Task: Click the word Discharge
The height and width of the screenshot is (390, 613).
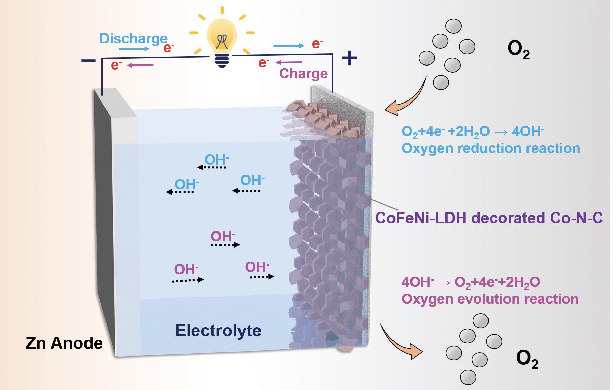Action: click(133, 39)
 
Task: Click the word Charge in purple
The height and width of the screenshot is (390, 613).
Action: click(303, 74)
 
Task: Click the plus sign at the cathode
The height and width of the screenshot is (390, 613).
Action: click(349, 58)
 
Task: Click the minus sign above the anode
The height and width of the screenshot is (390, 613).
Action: click(89, 61)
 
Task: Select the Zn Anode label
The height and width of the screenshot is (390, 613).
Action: click(64, 343)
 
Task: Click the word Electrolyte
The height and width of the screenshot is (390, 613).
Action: click(218, 331)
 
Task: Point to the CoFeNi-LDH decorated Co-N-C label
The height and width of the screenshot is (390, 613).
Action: click(489, 218)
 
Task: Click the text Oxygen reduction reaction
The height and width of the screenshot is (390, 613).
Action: click(491, 148)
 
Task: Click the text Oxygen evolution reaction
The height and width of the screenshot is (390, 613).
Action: click(490, 299)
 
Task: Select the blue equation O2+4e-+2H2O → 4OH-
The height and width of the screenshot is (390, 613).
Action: click(473, 132)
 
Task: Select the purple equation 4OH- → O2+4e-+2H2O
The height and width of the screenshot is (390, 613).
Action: click(471, 282)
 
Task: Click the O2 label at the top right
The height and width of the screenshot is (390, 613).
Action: click(518, 49)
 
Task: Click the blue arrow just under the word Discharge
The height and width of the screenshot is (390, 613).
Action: click(134, 49)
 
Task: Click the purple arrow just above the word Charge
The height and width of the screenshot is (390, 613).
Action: click(289, 62)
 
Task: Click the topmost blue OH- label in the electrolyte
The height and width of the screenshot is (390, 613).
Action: click(216, 160)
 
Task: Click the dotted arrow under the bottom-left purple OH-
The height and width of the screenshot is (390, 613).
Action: click(188, 280)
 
